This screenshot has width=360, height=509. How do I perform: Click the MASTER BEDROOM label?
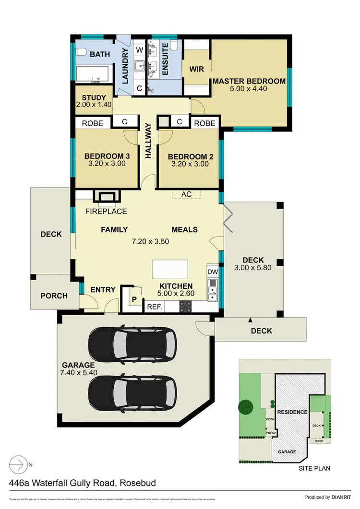(249, 81)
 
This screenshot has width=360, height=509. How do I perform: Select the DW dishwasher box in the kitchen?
(213, 272)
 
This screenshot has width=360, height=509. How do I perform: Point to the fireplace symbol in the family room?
(107, 196)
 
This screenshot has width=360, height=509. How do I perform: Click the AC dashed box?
(186, 194)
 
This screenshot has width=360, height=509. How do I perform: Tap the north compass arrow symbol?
(19, 464)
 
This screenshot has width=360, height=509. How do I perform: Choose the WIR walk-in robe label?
(196, 69)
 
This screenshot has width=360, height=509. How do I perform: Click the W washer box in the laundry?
(139, 49)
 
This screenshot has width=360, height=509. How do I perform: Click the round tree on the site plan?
(246, 407)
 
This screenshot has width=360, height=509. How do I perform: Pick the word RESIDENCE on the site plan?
(292, 412)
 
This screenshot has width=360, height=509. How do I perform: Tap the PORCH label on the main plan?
(54, 296)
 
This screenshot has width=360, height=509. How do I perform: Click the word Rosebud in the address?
(137, 483)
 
